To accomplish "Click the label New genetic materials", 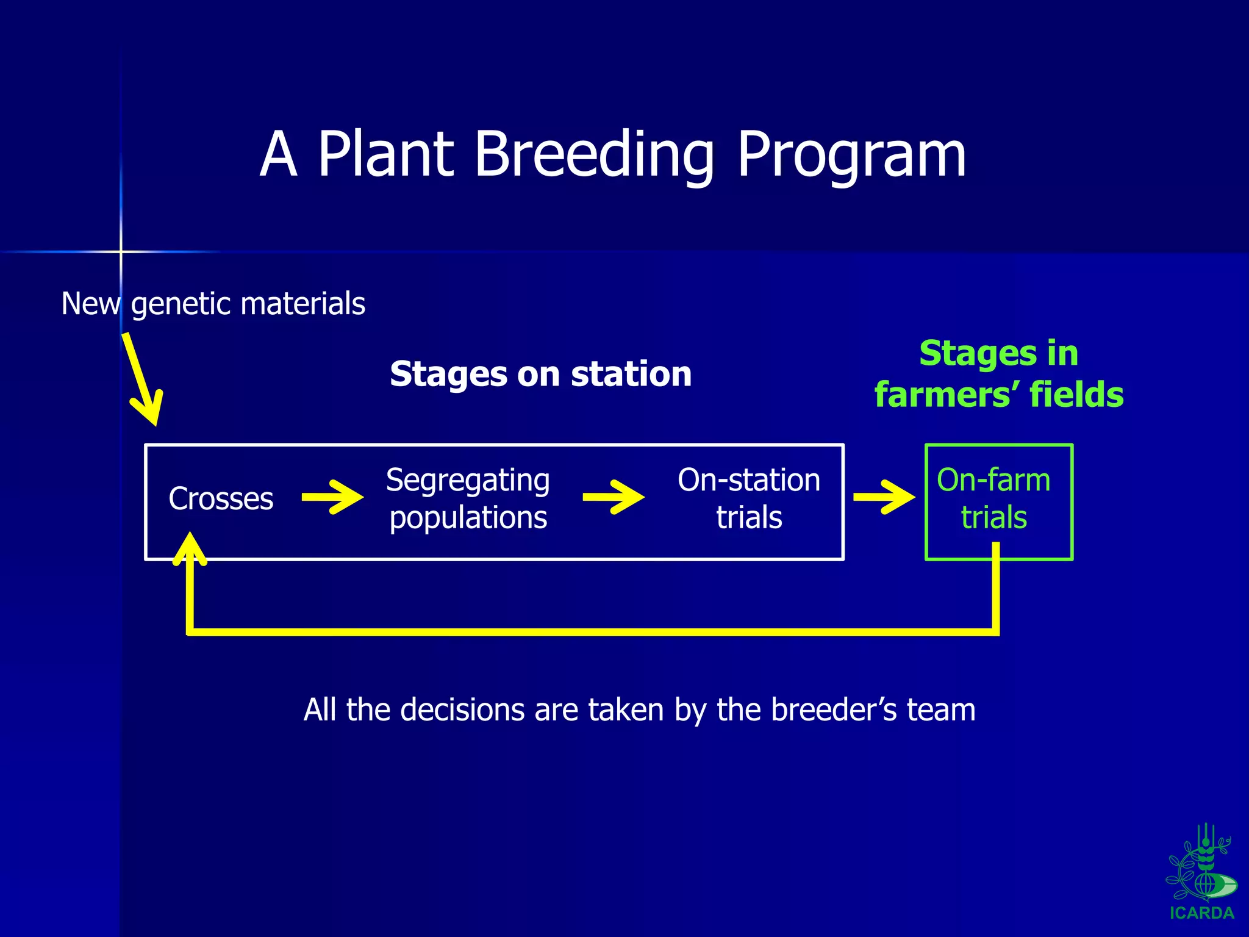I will pyautogui.click(x=213, y=303).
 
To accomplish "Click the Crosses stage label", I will pyautogui.click(x=221, y=498).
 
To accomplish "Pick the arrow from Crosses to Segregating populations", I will pyautogui.click(x=332, y=497).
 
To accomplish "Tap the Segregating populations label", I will pyautogui.click(x=468, y=498).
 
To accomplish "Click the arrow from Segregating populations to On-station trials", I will pyautogui.click(x=613, y=497).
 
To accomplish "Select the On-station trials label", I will pyautogui.click(x=748, y=498).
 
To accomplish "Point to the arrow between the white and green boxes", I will pyautogui.click(x=884, y=497).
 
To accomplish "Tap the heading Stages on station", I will pyautogui.click(x=540, y=373).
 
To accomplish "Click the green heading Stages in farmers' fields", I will pyautogui.click(x=998, y=373).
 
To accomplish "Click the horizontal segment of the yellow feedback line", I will pyautogui.click(x=592, y=631).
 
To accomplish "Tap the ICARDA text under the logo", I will pyautogui.click(x=1201, y=913).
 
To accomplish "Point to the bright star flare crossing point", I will pyautogui.click(x=121, y=251).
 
